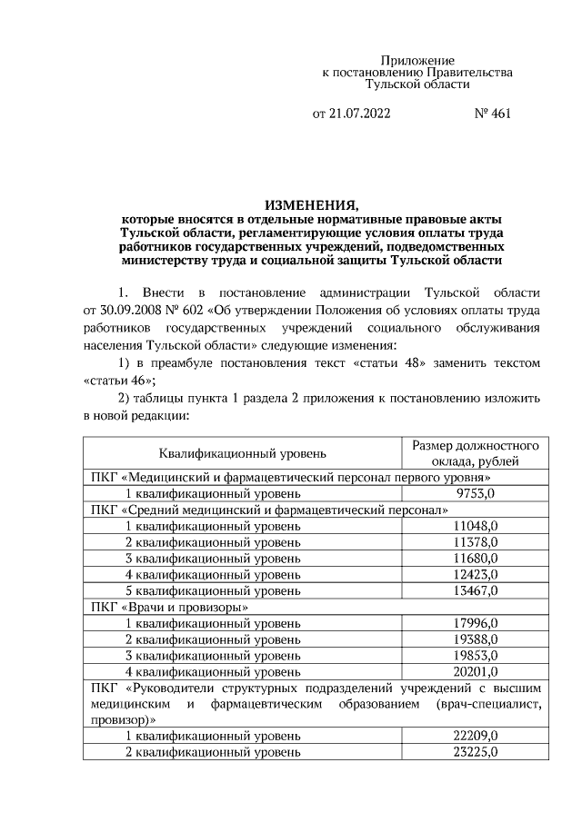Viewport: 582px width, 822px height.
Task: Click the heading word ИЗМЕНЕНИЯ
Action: coord(312,203)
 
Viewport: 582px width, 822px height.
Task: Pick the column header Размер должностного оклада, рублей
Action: coord(476,452)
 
